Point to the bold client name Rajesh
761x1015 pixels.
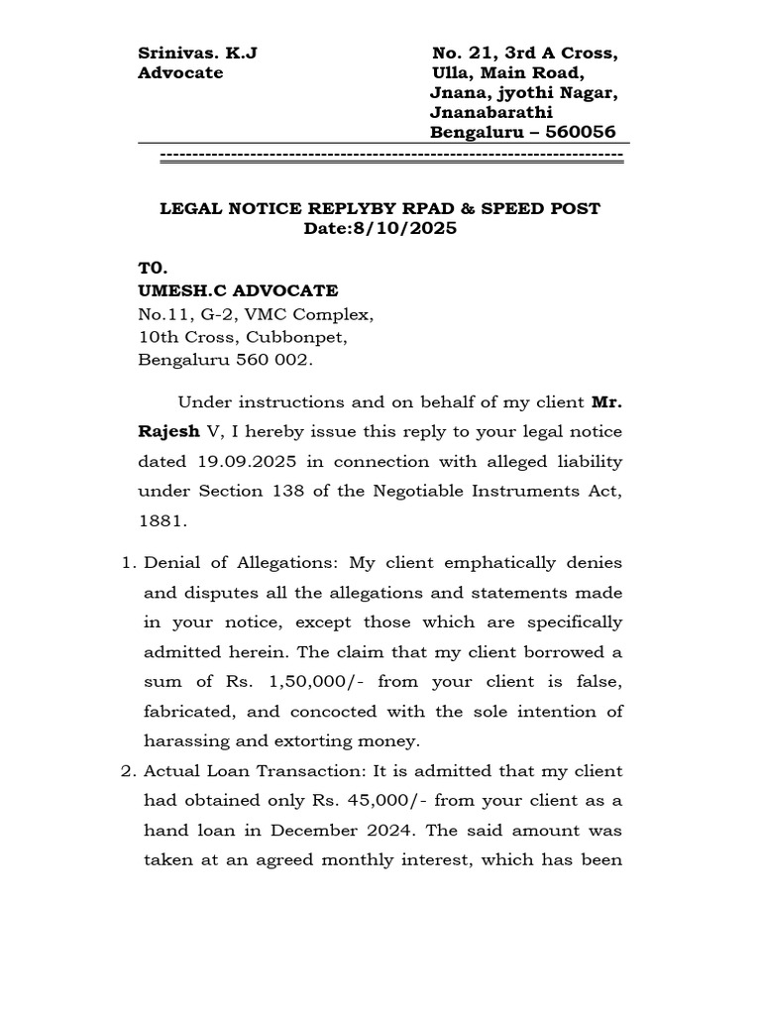tap(166, 432)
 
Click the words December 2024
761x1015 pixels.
tap(358, 831)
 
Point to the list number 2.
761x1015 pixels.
tap(126, 771)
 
